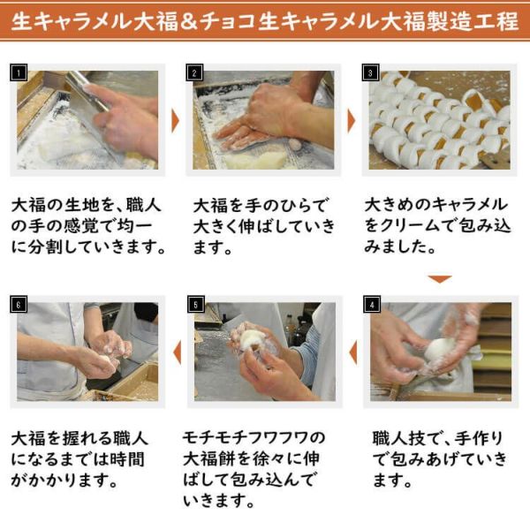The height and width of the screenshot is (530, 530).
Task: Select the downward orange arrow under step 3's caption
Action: click(440, 279)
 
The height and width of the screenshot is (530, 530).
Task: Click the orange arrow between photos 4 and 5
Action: click(352, 352)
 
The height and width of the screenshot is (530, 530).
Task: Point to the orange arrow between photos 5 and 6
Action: click(176, 352)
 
